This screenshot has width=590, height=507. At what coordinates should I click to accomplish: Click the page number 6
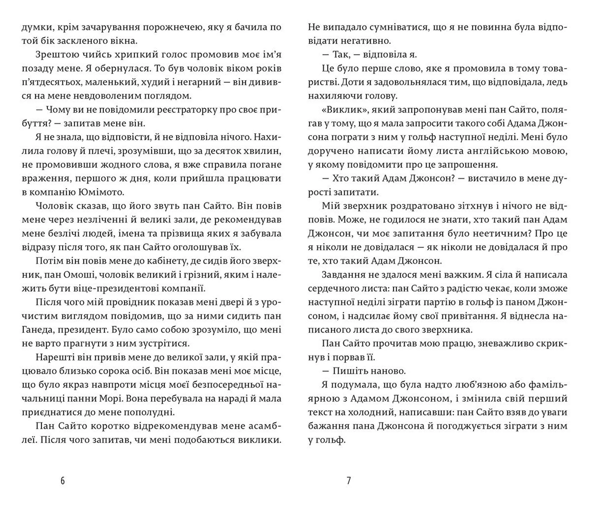(63, 481)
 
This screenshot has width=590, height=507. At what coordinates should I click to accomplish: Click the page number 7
(348, 481)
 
